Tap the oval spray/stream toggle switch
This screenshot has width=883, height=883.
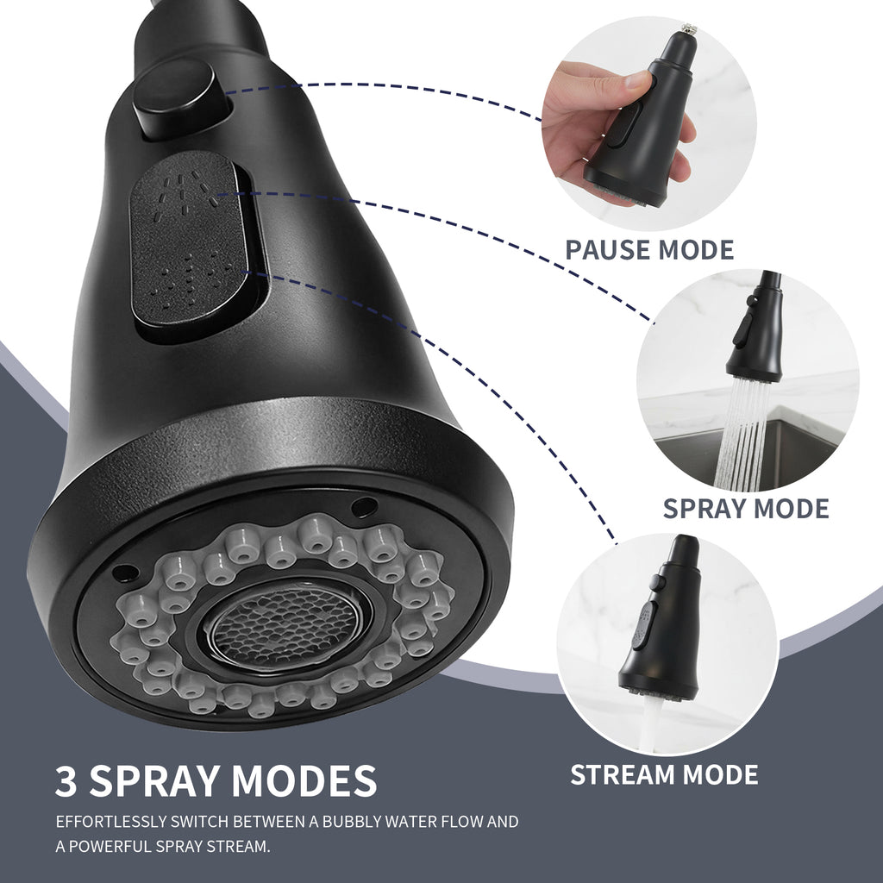[x=187, y=247]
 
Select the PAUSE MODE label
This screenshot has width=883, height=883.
[x=649, y=250]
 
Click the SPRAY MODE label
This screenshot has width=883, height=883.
[x=746, y=508]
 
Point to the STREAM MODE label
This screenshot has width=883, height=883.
[x=664, y=773]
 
